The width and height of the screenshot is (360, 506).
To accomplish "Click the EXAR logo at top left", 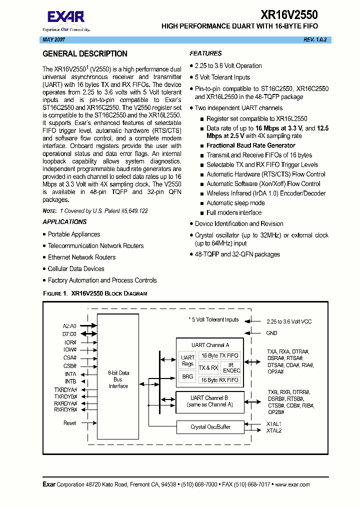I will [x=66, y=19].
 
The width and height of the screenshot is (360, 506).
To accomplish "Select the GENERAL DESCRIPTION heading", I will [x=85, y=54].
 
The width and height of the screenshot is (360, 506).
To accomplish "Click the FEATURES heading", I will [x=205, y=53].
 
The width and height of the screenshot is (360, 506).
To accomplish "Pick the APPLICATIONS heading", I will [x=64, y=222].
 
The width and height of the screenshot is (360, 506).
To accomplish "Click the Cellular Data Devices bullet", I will [x=76, y=269].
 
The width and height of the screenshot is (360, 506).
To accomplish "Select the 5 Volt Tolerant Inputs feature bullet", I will [x=222, y=77].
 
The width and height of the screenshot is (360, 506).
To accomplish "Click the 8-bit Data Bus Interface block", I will [x=118, y=379].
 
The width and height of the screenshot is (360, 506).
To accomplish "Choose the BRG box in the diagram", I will [x=187, y=377].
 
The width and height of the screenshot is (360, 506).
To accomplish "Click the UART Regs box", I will [x=187, y=360].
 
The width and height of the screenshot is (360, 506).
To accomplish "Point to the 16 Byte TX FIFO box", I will [x=219, y=355].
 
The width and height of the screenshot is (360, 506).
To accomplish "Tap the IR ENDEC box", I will [x=231, y=368].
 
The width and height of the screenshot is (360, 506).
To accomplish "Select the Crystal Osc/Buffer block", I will [x=210, y=427].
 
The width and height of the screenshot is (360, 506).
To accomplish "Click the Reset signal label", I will [x=70, y=423].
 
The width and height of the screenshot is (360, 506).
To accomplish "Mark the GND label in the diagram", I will [x=271, y=333].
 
